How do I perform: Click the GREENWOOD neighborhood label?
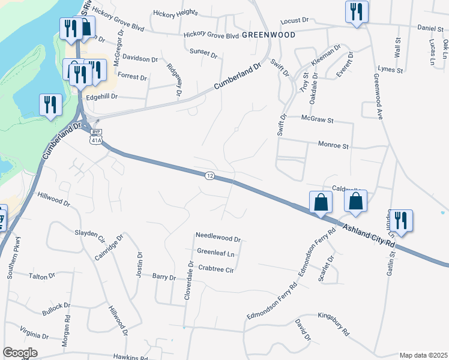pyautogui.click(x=269, y=35)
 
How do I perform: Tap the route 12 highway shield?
pyautogui.click(x=209, y=175)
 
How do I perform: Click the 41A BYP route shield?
pyautogui.click(x=95, y=136)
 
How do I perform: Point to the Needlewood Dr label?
pyautogui.click(x=218, y=238)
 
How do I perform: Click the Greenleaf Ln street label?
pyautogui.click(x=215, y=254)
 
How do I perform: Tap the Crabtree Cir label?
pyautogui.click(x=215, y=269)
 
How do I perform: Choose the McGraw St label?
pyautogui.click(x=317, y=120)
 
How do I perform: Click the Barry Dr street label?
pyautogui.click(x=164, y=278)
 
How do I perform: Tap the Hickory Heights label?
pyautogui.click(x=175, y=12)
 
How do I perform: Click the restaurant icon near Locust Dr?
pyautogui.click(x=357, y=11)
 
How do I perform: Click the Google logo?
pyautogui.click(x=20, y=352)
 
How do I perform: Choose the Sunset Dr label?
pyautogui.click(x=203, y=53)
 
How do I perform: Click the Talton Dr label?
pyautogui.click(x=41, y=276)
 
